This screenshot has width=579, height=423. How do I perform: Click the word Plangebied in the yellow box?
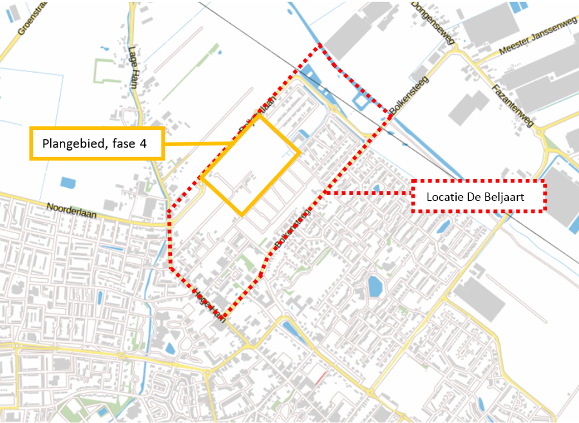(71, 143)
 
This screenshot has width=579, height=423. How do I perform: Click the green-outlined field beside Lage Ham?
(108, 70)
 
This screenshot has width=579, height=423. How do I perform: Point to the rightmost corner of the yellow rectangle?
(299, 153)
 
